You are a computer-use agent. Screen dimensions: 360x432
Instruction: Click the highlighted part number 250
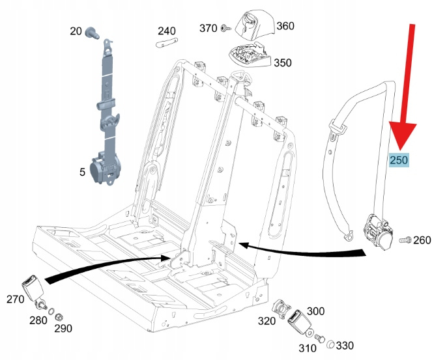pyautogui.click(x=398, y=160)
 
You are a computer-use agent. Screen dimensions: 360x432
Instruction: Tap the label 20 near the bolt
pyautogui.click(x=76, y=31)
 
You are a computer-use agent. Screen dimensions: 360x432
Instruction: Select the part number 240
pyautogui.click(x=166, y=31)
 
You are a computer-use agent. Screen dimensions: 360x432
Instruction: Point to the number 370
pyautogui.click(x=208, y=28)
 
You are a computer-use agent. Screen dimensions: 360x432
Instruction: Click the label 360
pyautogui.click(x=285, y=26)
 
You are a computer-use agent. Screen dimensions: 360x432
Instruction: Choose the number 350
pyautogui.click(x=282, y=63)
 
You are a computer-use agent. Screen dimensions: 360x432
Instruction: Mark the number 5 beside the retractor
pyautogui.click(x=82, y=172)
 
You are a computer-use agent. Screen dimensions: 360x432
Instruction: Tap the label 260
pyautogui.click(x=422, y=240)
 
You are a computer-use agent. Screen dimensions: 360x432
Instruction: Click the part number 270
pyautogui.click(x=15, y=299)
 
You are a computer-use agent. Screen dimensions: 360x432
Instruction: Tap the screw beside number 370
pyautogui.click(x=225, y=29)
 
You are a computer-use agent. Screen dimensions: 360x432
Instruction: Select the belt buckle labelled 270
pyautogui.click(x=33, y=284)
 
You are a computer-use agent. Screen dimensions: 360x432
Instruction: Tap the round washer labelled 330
pyautogui.click(x=330, y=344)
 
